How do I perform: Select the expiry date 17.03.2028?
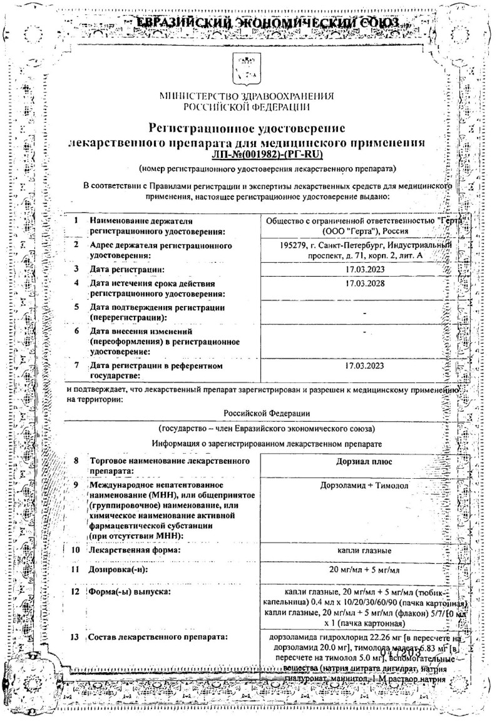pos(364,284)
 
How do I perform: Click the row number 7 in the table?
pos(76,365)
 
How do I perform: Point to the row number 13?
pos(76,638)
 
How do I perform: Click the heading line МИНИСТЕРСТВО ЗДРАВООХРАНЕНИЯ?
pos(247,97)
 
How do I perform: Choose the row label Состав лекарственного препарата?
pos(157,638)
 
